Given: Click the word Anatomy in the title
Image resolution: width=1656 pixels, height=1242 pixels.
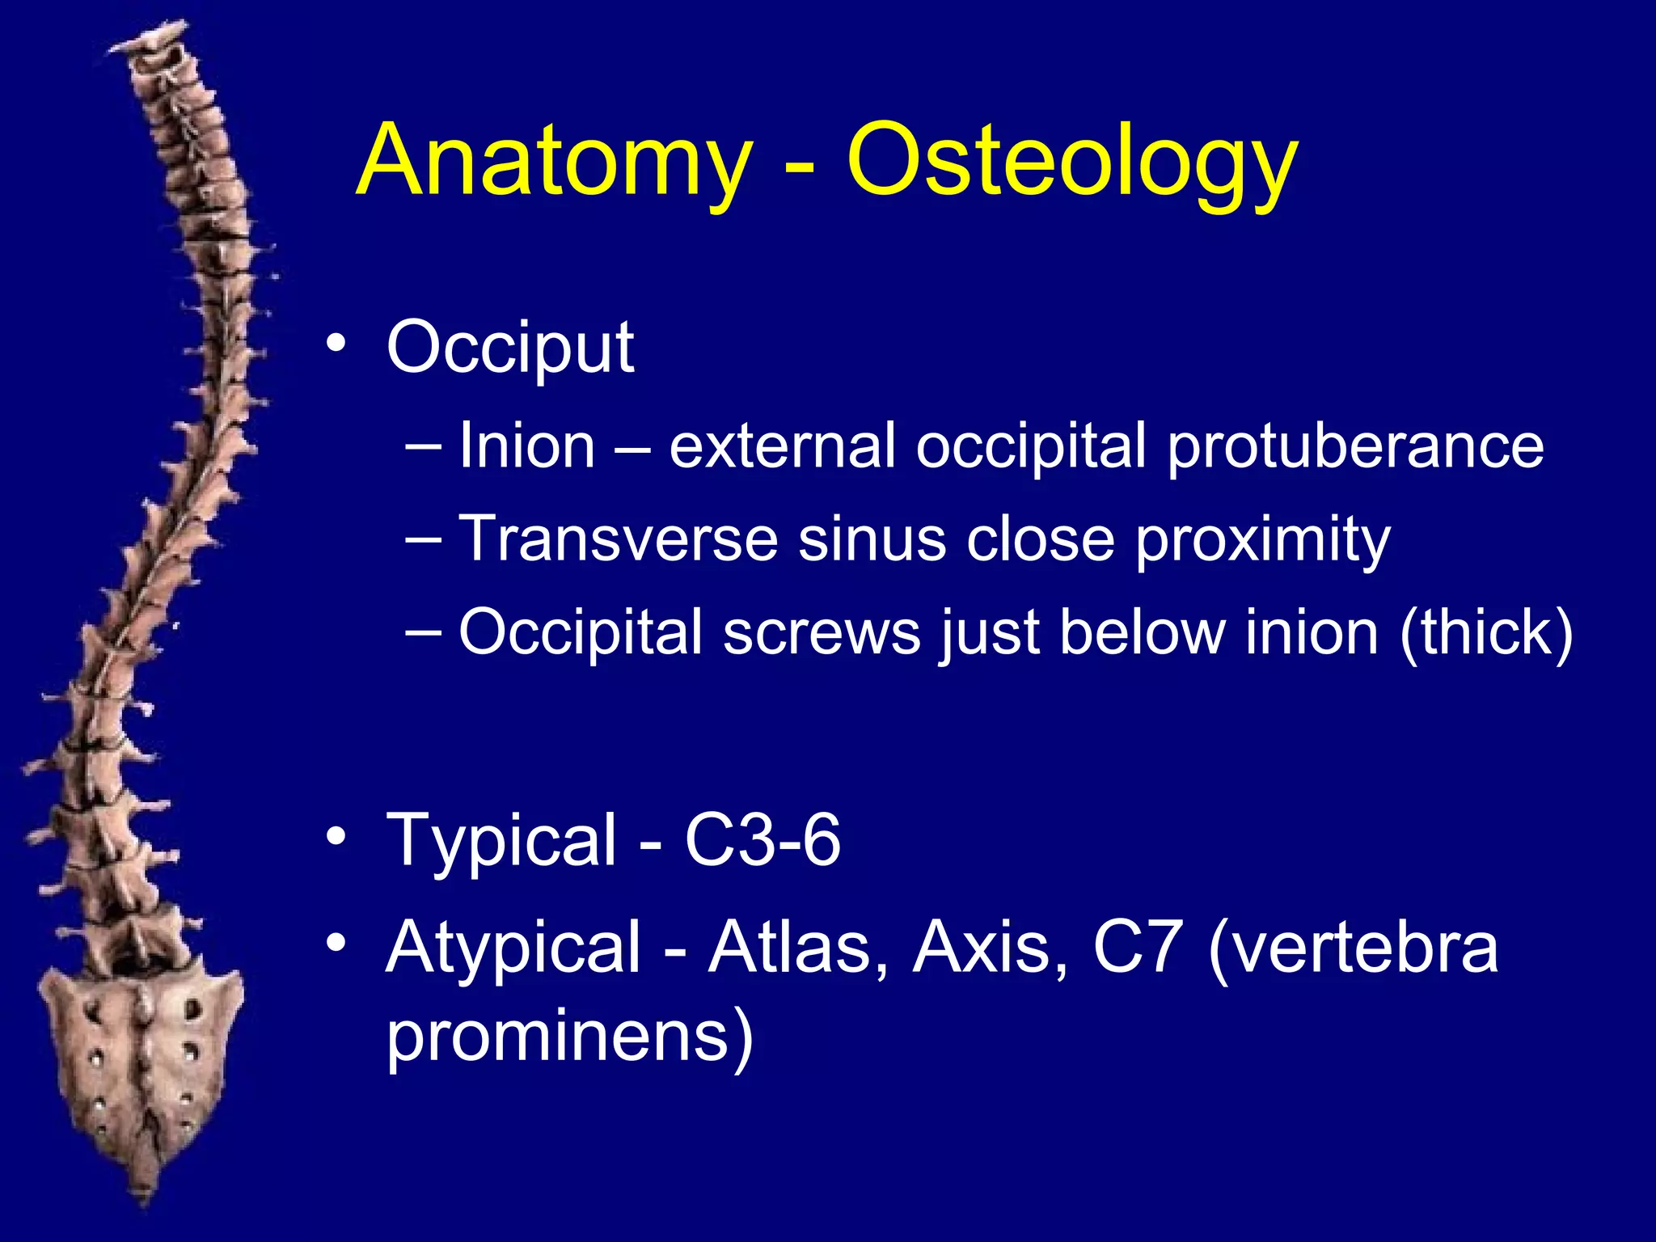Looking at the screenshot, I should [x=555, y=162].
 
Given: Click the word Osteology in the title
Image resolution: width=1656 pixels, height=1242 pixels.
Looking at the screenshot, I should [x=1072, y=162].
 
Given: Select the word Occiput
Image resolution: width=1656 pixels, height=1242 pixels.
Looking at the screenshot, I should [x=510, y=349].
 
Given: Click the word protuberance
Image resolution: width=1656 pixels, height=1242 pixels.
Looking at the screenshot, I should [x=1355, y=448].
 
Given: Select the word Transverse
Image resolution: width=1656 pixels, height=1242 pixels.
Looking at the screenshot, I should [x=618, y=539].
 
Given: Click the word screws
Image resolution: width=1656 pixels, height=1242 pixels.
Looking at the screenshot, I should [x=822, y=632].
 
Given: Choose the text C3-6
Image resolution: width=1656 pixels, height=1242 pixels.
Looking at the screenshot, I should [x=762, y=841].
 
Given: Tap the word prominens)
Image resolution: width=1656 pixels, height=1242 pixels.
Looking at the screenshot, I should [x=570, y=1038].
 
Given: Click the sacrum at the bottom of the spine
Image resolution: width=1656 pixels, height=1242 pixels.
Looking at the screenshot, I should [x=142, y=1051].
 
